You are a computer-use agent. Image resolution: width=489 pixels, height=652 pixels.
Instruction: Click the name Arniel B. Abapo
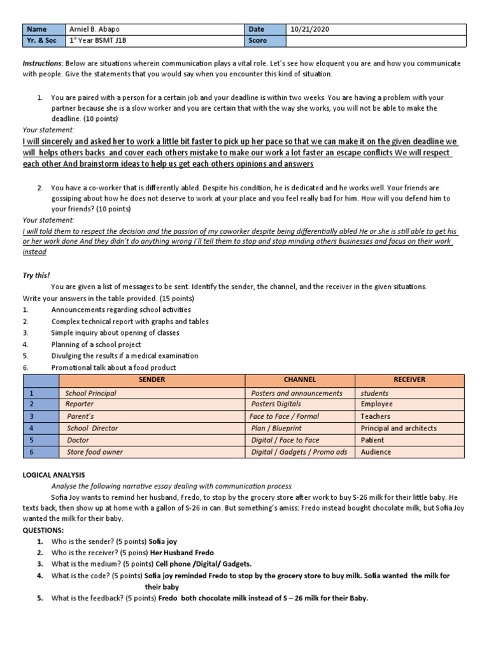click(x=94, y=29)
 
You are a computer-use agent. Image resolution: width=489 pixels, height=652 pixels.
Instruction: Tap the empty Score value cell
click(x=376, y=41)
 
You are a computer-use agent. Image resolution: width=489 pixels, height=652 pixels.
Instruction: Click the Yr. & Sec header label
click(x=42, y=41)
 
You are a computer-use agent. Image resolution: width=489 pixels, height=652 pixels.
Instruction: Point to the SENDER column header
click(x=152, y=379)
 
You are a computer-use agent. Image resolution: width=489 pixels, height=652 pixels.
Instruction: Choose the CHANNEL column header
click(x=300, y=379)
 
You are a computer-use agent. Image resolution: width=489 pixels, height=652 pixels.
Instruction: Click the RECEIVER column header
click(x=410, y=379)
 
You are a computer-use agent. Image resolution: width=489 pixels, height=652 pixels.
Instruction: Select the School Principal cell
click(x=91, y=393)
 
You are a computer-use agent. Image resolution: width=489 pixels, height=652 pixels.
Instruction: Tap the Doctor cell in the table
click(x=78, y=440)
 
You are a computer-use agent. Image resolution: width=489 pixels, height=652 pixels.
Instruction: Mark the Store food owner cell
click(x=95, y=452)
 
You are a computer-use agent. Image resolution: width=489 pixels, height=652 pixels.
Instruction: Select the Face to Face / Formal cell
click(x=285, y=416)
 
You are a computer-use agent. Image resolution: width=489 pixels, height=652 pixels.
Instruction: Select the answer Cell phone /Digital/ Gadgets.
click(x=204, y=563)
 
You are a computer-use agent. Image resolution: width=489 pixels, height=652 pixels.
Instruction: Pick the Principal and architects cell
click(x=399, y=429)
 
